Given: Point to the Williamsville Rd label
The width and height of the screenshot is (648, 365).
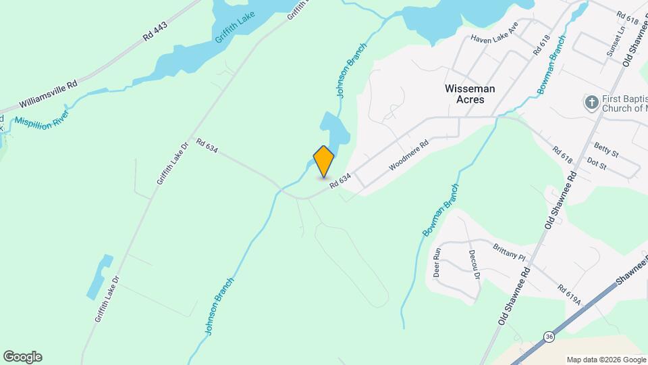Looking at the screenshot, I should click(49, 95).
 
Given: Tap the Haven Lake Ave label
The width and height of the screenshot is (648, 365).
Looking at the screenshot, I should click(494, 39).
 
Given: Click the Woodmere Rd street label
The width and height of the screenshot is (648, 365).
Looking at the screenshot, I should click(409, 155).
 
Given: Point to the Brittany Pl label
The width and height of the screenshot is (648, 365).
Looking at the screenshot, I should click(509, 252).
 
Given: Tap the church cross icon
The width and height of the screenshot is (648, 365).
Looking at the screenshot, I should click(591, 102).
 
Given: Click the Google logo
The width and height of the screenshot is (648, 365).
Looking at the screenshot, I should click(22, 357).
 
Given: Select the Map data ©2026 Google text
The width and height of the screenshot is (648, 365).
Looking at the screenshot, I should click(605, 360).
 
